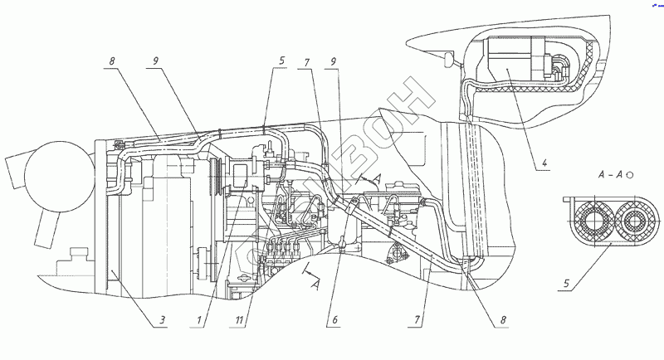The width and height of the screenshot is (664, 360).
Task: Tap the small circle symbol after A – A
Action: pyautogui.click(x=630, y=175)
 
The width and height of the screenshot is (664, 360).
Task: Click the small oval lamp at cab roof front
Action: pyautogui.click(x=449, y=60)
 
